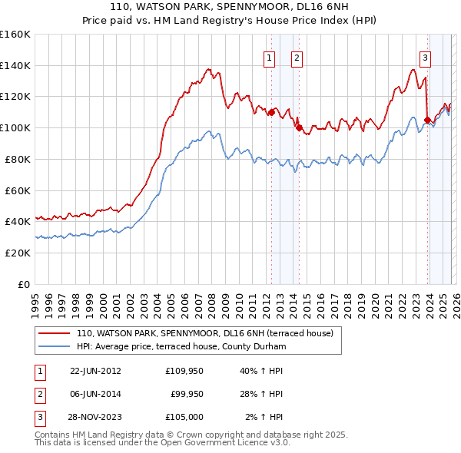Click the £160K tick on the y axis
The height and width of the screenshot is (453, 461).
click(x=15, y=35)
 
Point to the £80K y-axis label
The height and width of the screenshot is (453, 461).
click(x=18, y=159)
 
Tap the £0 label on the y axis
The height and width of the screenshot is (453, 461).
click(x=25, y=284)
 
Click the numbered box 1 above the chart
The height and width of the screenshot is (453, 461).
click(x=270, y=56)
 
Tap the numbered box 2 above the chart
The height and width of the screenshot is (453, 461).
click(x=297, y=56)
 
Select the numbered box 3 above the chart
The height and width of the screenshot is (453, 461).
click(x=425, y=56)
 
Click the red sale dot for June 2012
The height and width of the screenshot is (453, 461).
click(x=271, y=112)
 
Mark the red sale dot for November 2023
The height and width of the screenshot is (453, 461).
click(x=426, y=120)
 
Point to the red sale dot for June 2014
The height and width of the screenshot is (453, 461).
click(x=298, y=128)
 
